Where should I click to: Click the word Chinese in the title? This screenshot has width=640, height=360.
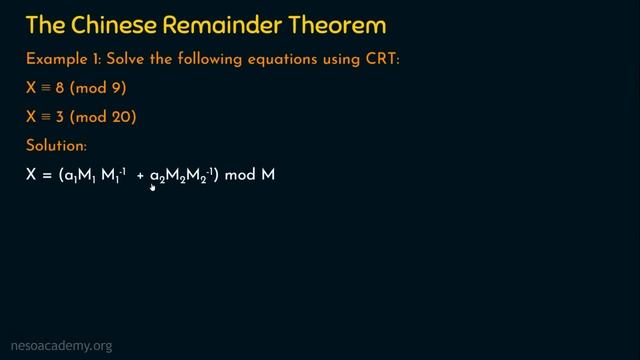[x=115, y=24]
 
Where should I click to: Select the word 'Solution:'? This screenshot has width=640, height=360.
[x=57, y=146]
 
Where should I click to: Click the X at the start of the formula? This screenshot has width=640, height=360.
[x=32, y=175]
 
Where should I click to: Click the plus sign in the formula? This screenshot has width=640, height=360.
[x=141, y=176]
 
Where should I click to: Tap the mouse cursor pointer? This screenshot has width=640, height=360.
[x=153, y=186]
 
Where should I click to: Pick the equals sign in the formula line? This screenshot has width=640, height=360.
[x=48, y=176]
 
